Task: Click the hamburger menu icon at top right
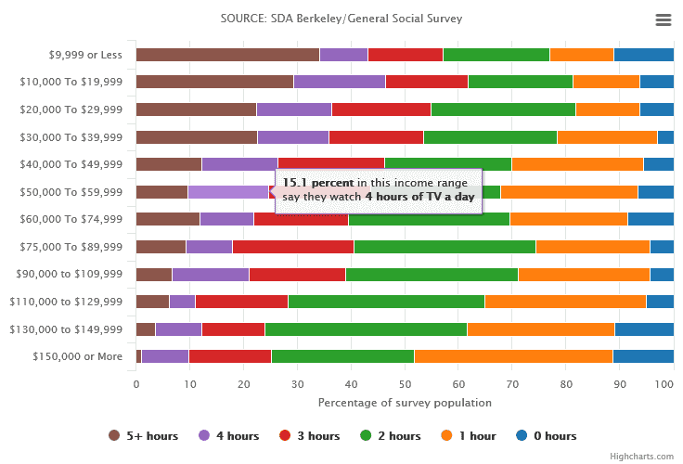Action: [x=663, y=19]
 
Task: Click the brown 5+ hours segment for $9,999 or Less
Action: [x=227, y=55]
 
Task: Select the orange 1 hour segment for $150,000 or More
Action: [x=513, y=356]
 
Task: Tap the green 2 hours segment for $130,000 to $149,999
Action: [x=366, y=329]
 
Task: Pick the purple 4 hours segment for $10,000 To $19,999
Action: [x=339, y=82]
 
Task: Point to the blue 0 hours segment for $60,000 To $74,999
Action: [x=650, y=219]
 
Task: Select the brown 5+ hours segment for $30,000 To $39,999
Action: [x=196, y=137]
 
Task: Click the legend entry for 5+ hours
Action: [x=138, y=436]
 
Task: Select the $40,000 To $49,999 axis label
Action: [x=71, y=165]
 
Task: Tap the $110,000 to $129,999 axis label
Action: [x=66, y=302]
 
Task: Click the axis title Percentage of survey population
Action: [x=405, y=403]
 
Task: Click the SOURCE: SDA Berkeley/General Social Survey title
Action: [x=341, y=19]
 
